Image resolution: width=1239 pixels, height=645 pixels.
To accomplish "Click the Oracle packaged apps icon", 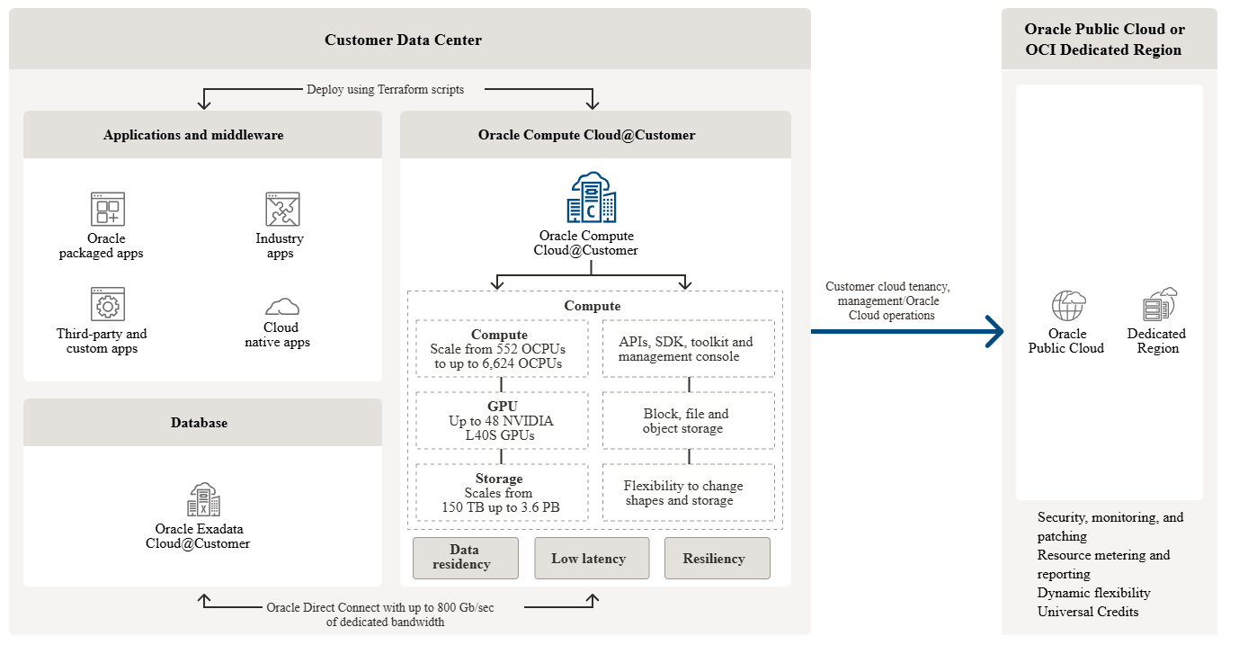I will (107, 209).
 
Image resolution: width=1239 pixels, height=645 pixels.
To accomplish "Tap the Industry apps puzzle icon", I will (282, 209).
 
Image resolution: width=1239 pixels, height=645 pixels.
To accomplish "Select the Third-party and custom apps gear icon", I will (107, 304).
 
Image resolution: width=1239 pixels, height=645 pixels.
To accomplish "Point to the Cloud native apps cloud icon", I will (282, 306).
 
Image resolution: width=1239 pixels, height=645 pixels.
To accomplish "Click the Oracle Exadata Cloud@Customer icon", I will (203, 499).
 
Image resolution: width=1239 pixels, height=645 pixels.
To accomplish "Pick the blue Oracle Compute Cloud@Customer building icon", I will (592, 198).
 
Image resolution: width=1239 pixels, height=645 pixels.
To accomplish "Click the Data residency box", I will (465, 558).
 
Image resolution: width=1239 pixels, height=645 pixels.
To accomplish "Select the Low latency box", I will (591, 559).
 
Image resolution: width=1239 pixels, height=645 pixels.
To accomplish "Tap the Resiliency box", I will (717, 559).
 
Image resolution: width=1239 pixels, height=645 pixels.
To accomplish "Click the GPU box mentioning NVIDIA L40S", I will (501, 420).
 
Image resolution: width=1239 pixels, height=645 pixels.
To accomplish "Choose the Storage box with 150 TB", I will (501, 492).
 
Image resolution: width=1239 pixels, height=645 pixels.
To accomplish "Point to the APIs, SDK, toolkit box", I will (688, 348).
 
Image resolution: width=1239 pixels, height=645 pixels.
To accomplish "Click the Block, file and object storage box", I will (688, 420).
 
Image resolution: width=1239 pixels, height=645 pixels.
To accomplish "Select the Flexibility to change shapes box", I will (688, 492).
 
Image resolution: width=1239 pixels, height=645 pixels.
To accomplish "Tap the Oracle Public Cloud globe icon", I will (1068, 306).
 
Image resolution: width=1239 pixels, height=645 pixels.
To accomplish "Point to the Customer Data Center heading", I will (403, 40).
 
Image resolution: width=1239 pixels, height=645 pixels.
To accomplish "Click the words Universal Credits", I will (1088, 612).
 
